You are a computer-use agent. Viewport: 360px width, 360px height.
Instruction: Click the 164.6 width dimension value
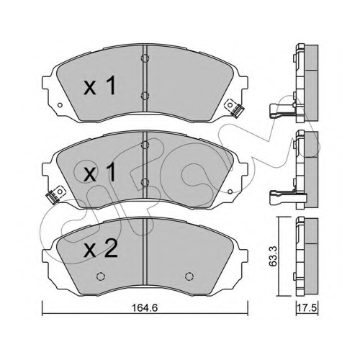pyautogui.click(x=145, y=307)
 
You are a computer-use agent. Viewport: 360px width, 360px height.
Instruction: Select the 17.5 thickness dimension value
pyautogui.click(x=307, y=307)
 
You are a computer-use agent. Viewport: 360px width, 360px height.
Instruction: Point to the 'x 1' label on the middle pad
pyautogui.click(x=99, y=173)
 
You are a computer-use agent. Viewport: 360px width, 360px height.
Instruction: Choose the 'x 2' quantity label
pyautogui.click(x=101, y=250)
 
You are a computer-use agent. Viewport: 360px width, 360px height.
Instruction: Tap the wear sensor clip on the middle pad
pyautogui.click(x=55, y=195)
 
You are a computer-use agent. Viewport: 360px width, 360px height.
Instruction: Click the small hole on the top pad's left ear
pyautogui.click(x=60, y=105)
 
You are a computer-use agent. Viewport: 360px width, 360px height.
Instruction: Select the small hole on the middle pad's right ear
pyautogui.click(x=230, y=192)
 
